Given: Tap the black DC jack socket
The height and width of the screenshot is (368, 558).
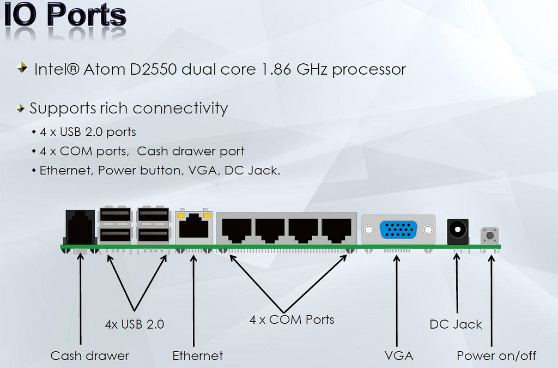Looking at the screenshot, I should [457, 231].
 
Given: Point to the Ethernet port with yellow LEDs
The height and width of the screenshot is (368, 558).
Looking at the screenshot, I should [194, 227].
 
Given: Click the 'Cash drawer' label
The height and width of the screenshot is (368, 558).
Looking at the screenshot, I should [90, 356].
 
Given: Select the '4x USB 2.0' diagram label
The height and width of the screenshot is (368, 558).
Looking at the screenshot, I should [135, 324].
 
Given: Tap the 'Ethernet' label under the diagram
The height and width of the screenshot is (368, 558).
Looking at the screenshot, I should [198, 356].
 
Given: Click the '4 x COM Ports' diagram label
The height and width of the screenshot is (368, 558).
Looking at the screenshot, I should [292, 319].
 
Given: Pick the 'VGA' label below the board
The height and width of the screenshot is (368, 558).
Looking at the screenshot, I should [398, 356].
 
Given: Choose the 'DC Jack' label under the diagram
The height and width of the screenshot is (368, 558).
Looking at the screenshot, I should [456, 324].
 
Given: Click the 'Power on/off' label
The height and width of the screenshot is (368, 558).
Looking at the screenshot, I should [496, 356].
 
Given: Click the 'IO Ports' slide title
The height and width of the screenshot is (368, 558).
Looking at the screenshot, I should [65, 16].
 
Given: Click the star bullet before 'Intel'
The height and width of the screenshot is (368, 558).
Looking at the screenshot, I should [22, 68].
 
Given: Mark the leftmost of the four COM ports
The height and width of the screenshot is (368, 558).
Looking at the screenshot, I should [236, 231].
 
